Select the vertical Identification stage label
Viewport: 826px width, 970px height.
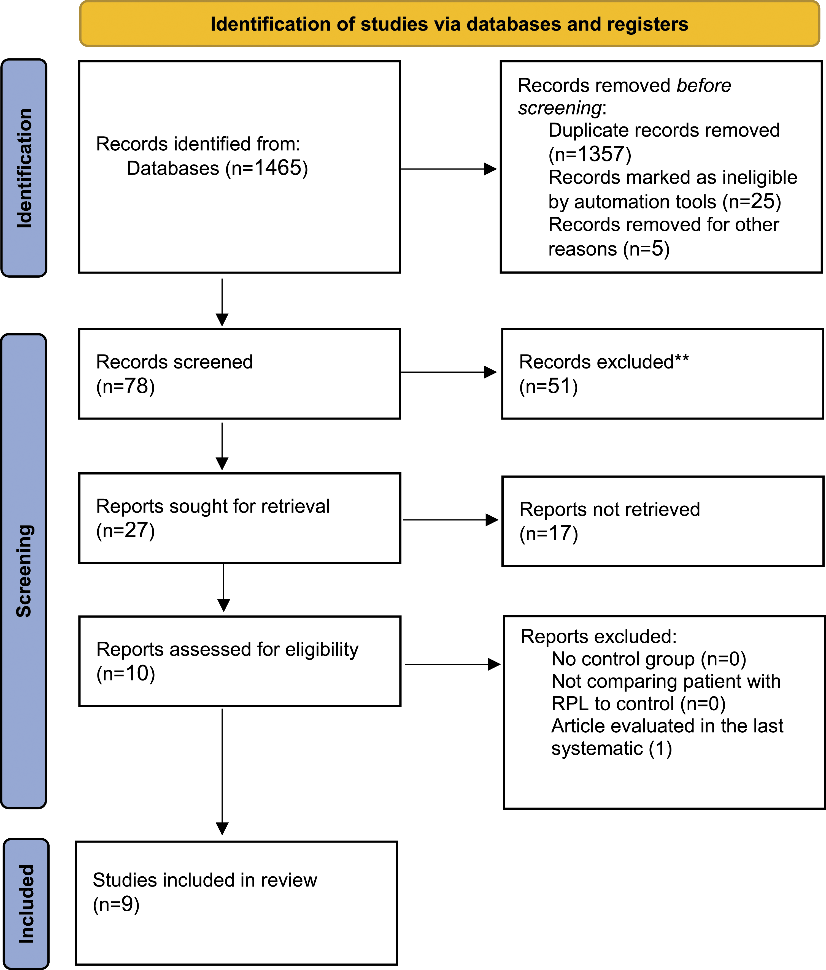click(24, 168)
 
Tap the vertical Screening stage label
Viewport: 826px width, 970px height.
click(24, 571)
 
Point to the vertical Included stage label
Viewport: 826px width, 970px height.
click(26, 904)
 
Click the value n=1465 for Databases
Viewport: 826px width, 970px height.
click(267, 168)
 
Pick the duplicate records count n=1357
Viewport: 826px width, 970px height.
click(590, 154)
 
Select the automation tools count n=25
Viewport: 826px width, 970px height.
click(752, 201)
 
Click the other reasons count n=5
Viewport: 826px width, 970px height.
click(647, 249)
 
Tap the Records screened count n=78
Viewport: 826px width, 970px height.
click(125, 386)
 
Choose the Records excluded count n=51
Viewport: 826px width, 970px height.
click(549, 386)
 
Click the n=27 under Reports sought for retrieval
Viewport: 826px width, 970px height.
click(125, 530)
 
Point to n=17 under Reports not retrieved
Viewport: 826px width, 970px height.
click(549, 534)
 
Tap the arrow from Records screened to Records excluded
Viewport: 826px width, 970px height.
click(449, 372)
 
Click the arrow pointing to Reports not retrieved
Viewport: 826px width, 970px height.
click(450, 520)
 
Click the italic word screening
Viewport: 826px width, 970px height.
click(560, 108)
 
